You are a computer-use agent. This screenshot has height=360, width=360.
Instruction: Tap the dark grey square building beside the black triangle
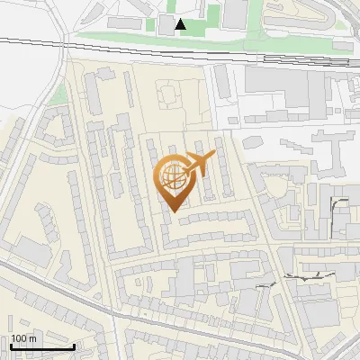pos(167,24)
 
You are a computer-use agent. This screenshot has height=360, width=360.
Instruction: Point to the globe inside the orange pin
pos(174,175)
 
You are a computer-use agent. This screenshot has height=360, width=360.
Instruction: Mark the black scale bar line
pos(42,346)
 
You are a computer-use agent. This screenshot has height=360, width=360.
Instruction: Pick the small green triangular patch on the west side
pos(58,94)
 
